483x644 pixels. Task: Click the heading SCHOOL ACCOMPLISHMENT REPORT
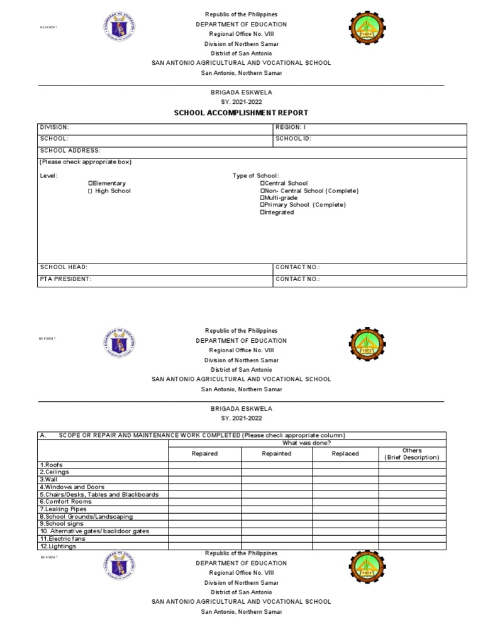241,113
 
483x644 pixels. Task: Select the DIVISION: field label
55,127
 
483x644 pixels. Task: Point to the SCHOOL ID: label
294,138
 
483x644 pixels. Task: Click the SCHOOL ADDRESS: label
70,150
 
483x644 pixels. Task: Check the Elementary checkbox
91,184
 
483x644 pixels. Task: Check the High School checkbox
91,191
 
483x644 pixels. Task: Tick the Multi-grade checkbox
262,197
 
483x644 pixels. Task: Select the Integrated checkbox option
262,212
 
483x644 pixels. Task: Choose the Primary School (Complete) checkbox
262,205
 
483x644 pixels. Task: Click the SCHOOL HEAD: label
64,267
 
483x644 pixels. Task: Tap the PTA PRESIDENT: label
66,279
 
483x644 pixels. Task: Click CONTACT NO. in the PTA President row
298,279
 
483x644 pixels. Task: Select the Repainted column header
277,453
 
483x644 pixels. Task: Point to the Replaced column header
345,453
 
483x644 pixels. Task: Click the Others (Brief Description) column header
412,454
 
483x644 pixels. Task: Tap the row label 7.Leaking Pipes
63,509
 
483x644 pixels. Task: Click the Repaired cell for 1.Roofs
204,465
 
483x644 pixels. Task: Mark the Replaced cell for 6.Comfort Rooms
345,501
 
